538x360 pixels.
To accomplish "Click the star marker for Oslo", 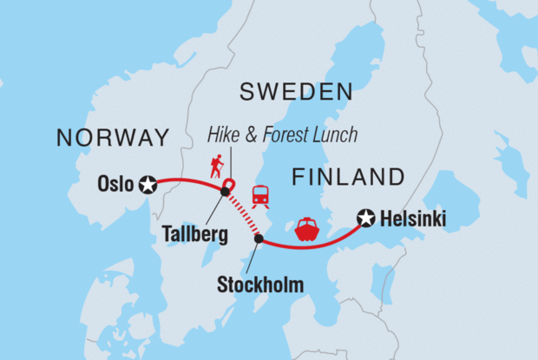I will pyautogui.click(x=148, y=184).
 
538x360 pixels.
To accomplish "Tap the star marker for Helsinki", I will pyautogui.click(x=366, y=219).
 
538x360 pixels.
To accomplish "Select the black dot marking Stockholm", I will pyautogui.click(x=259, y=238).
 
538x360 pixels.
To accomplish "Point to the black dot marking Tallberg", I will pyautogui.click(x=225, y=192).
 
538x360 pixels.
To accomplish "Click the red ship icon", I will pyautogui.click(x=307, y=228).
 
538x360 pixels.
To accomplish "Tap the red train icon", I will pyautogui.click(x=260, y=197).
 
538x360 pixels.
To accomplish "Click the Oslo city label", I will pyautogui.click(x=116, y=184).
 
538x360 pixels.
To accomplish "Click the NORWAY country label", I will pyautogui.click(x=112, y=137).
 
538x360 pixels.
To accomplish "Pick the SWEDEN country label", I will pyautogui.click(x=296, y=92).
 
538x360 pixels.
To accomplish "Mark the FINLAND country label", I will pyautogui.click(x=348, y=178).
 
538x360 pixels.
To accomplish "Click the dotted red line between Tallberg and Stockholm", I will pyautogui.click(x=243, y=215).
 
